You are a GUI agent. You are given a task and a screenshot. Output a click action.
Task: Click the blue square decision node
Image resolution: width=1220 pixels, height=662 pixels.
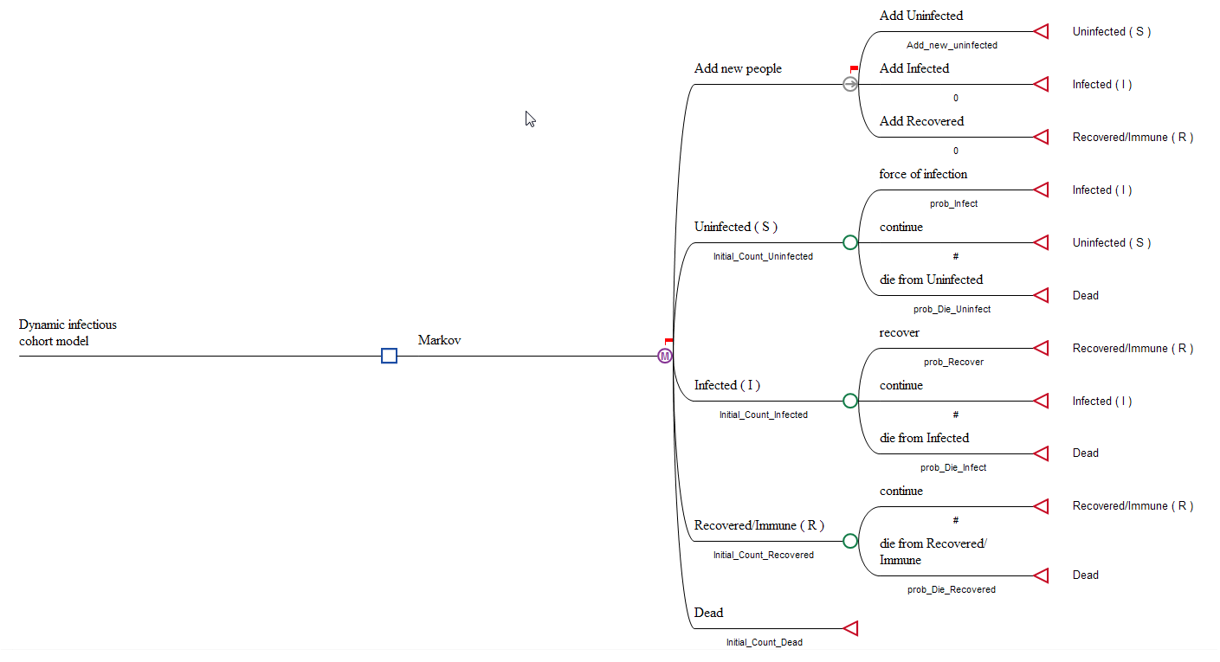pyautogui.click(x=389, y=356)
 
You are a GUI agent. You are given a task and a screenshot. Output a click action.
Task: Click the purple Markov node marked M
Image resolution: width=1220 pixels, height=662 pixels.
pyautogui.click(x=665, y=356)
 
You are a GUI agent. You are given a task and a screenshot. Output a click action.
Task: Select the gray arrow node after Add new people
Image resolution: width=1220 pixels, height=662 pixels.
pyautogui.click(x=850, y=84)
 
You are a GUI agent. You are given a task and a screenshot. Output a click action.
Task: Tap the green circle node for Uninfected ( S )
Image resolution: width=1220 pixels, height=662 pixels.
pyautogui.click(x=850, y=242)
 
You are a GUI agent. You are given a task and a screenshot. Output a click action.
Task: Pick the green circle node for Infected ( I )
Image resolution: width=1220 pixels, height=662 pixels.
pyautogui.click(x=850, y=401)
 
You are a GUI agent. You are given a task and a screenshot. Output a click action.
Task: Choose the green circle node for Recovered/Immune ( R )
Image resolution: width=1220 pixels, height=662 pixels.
pyautogui.click(x=850, y=541)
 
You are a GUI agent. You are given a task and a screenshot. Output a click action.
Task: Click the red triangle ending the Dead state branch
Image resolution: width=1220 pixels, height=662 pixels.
pyautogui.click(x=850, y=628)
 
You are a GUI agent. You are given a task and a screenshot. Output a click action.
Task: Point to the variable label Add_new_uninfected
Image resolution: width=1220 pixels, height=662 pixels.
pyautogui.click(x=952, y=45)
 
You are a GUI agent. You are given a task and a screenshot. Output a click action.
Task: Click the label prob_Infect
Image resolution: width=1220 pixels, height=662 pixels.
pyautogui.click(x=953, y=204)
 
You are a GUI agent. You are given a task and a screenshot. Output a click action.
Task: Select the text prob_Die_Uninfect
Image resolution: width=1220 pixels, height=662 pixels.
pyautogui.click(x=952, y=309)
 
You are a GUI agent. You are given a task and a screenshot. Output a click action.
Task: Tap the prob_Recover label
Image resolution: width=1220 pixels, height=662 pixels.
pyautogui.click(x=953, y=363)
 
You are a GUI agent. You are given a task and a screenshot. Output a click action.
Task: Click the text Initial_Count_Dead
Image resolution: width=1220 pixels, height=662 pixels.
pyautogui.click(x=764, y=642)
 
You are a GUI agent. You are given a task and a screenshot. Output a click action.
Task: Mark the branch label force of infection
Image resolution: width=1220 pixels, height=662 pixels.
pyautogui.click(x=923, y=174)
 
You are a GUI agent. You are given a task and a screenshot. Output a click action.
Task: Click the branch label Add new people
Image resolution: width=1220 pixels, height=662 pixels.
pyautogui.click(x=738, y=68)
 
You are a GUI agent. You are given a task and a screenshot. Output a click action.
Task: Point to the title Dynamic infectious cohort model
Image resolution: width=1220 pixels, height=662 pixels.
pyautogui.click(x=68, y=332)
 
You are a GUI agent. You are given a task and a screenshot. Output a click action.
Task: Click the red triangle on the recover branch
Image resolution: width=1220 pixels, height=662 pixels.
pyautogui.click(x=1042, y=348)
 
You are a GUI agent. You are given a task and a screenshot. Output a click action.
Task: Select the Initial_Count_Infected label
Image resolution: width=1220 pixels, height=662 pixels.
pyautogui.click(x=763, y=415)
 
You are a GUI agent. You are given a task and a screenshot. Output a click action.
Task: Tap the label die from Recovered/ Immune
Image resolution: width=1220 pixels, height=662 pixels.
pyautogui.click(x=933, y=551)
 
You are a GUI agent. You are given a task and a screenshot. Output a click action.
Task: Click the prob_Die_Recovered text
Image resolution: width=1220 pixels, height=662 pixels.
pyautogui.click(x=951, y=589)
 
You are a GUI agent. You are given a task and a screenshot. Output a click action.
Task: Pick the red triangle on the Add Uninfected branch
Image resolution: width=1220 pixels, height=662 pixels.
pyautogui.click(x=1042, y=31)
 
